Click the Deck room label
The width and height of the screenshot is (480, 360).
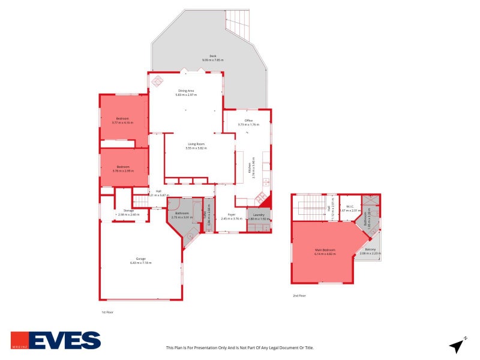196,56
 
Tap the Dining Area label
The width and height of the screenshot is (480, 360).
185,91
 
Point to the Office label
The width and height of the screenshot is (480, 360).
248,121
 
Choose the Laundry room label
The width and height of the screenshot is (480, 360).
259,214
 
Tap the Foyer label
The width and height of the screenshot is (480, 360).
231,214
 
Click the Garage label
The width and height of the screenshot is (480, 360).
141,259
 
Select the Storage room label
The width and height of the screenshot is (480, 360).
128,211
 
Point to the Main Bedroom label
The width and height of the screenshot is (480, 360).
325,250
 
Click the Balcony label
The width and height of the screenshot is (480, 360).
371,250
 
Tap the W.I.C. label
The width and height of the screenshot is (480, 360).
349,207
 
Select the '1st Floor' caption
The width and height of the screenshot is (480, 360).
107,312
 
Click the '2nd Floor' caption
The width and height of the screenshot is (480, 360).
299,296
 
